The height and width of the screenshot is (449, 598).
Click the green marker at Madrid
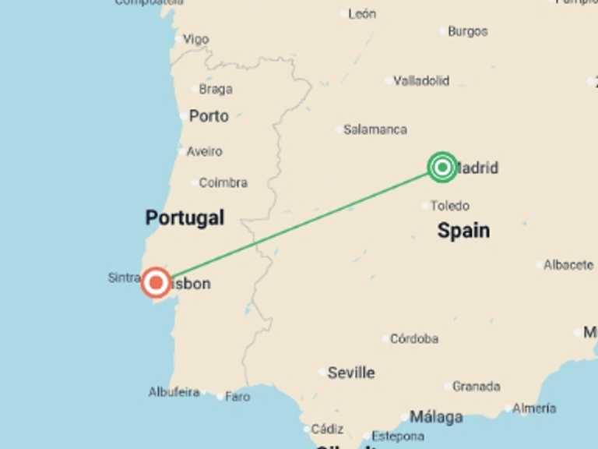[442, 167]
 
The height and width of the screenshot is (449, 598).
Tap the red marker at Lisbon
[156, 283]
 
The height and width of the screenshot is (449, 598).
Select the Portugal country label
[185, 218]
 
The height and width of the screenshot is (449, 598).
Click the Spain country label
[463, 230]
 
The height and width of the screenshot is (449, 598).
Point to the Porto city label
[209, 116]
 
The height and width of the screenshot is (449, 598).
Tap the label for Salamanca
[375, 129]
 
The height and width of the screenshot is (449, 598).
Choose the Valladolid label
[421, 80]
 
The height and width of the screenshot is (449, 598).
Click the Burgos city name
[467, 31]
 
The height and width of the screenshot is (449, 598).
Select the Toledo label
[450, 206]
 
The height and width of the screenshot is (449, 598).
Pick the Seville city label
[350, 373]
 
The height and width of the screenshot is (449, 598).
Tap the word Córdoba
[413, 339]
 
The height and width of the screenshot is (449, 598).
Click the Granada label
[476, 386]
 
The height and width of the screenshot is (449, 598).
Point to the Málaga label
[436, 417]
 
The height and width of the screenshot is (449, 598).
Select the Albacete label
[568, 265]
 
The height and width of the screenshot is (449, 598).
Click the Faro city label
[237, 397]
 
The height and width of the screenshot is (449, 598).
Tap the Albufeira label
[174, 392]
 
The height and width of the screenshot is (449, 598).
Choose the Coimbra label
[223, 182]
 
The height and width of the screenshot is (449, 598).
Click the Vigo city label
[195, 39]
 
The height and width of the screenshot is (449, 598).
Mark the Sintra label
[123, 278]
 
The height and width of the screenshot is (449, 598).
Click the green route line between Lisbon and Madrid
[300, 224]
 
